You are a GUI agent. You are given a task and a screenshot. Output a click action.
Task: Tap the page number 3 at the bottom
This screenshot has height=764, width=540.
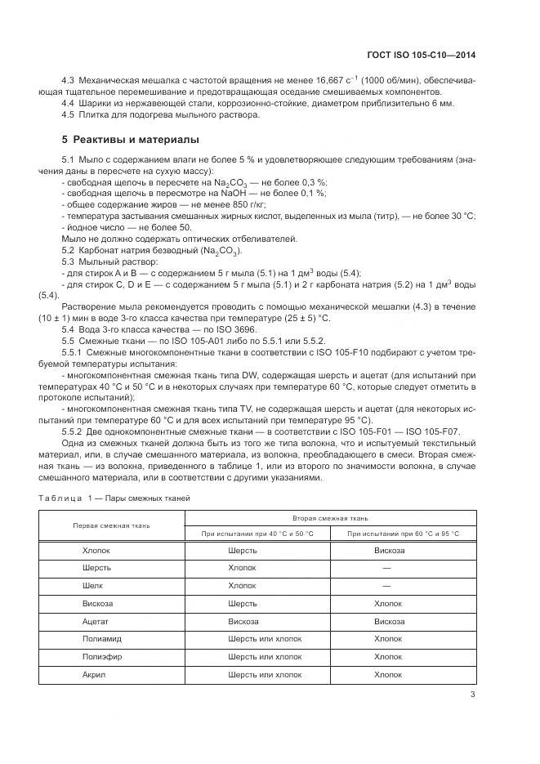(x=473, y=695)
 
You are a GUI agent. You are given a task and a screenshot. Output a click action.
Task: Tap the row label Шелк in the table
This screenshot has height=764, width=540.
(x=92, y=586)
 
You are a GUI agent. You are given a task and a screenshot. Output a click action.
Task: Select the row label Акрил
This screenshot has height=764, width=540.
(x=94, y=675)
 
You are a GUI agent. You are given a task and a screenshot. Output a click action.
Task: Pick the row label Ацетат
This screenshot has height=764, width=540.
(x=96, y=621)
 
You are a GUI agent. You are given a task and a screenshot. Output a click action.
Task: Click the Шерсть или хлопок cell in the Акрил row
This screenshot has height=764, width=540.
(x=265, y=675)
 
